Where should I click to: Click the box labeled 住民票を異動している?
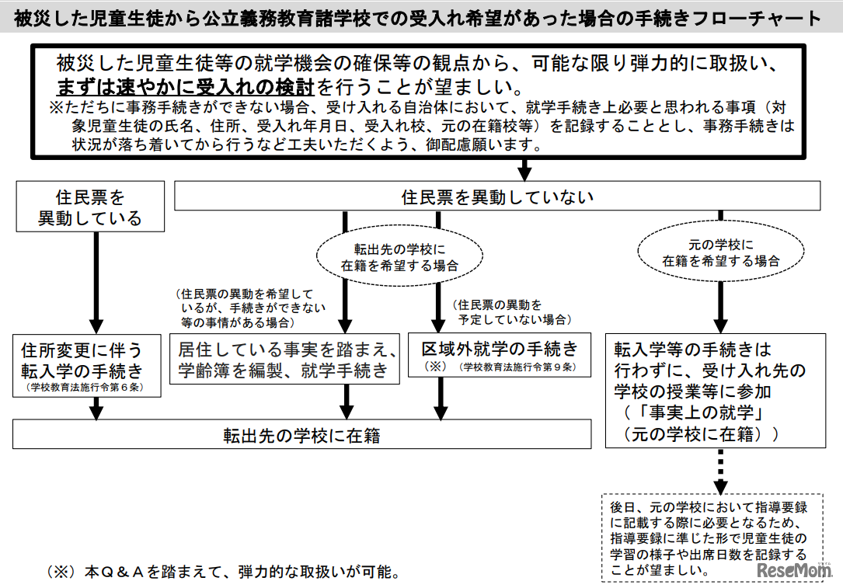90,207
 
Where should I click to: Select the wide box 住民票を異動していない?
497,197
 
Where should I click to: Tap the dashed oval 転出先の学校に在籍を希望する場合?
399,256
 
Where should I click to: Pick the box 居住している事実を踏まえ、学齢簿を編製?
284,359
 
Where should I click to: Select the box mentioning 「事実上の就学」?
715,391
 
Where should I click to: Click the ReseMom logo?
792,571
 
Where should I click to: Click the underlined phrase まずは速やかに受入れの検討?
186,85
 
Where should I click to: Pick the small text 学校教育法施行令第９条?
517,367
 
